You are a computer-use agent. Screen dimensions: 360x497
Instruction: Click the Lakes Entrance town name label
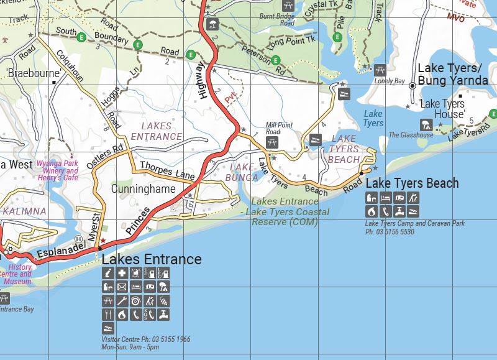(x=152, y=259)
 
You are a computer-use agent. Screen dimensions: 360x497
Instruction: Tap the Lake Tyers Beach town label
(x=412, y=183)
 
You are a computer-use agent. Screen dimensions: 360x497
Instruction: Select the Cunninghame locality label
(x=143, y=188)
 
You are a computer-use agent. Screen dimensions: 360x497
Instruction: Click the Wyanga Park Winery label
(x=57, y=171)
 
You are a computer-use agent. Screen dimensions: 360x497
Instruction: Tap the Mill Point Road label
(x=279, y=129)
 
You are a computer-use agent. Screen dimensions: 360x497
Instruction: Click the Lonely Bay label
(x=389, y=81)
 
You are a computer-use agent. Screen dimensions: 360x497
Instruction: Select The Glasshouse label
(x=411, y=135)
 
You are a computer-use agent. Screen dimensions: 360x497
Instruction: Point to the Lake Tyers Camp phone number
(x=390, y=231)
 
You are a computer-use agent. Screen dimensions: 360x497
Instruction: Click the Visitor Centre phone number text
(x=146, y=340)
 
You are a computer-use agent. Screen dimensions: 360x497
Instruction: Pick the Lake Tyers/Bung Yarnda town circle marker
(x=412, y=86)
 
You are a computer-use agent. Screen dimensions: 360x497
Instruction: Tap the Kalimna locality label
(x=24, y=211)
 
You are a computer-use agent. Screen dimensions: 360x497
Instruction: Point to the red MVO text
(x=455, y=18)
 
